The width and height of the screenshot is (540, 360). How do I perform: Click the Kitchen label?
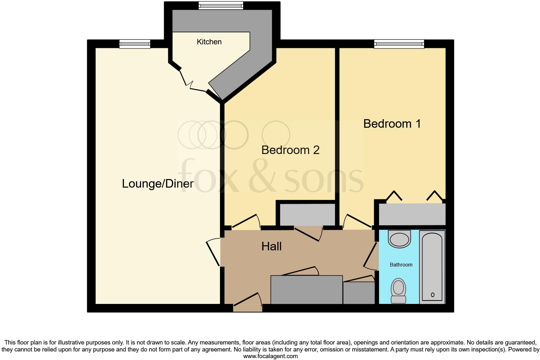click(x=209, y=42)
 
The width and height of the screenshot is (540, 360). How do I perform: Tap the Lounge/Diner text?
click(x=157, y=183)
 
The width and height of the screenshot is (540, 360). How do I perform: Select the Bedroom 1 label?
click(x=392, y=124)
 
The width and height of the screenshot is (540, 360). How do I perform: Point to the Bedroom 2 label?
click(x=290, y=150)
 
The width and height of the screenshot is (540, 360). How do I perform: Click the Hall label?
click(x=271, y=247)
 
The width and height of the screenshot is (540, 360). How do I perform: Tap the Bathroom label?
click(x=401, y=265)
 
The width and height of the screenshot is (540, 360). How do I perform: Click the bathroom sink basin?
click(x=399, y=239)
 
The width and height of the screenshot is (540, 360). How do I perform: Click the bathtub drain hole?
click(x=433, y=295)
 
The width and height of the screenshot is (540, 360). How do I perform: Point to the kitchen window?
click(x=221, y=5)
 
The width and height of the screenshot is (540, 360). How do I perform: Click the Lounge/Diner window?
click(x=135, y=44)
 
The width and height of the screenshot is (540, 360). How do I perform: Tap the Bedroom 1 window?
click(x=399, y=44)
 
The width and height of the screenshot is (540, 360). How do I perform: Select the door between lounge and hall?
click(x=213, y=253)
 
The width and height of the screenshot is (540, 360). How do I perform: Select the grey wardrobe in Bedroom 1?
click(x=412, y=214)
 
